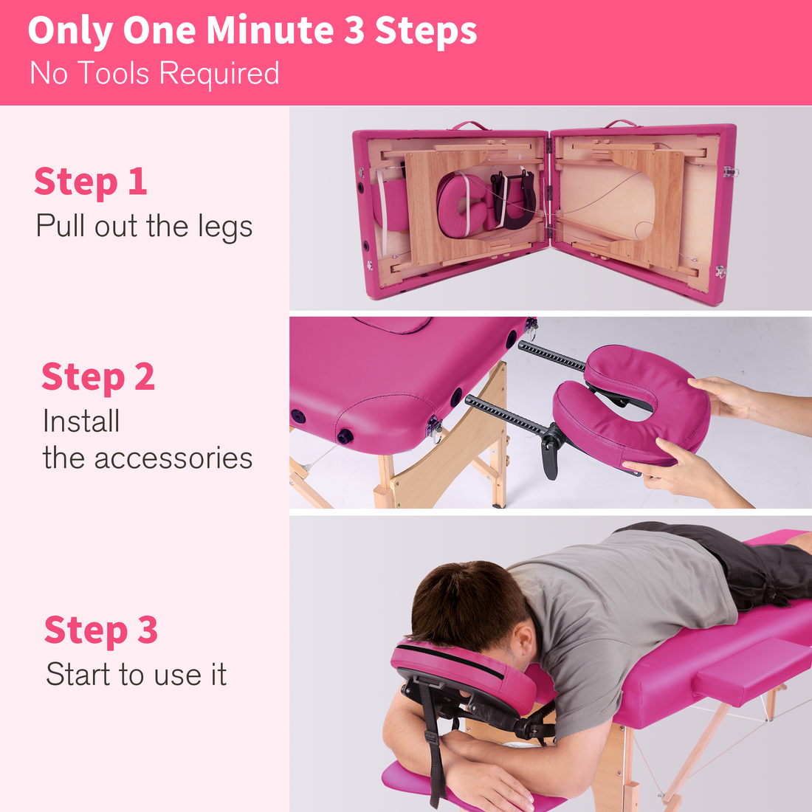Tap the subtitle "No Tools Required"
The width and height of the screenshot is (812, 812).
click(x=154, y=74)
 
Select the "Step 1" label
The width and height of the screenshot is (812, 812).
click(x=90, y=182)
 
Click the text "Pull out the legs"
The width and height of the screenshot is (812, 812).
click(x=144, y=227)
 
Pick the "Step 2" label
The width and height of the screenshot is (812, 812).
click(x=98, y=377)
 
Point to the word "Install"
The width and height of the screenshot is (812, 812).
click(x=81, y=422)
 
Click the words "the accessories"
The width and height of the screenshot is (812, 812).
click(x=148, y=458)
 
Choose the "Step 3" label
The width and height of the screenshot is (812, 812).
click(x=101, y=630)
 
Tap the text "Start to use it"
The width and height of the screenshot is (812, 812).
click(x=136, y=675)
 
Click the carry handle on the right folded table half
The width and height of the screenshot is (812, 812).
click(x=622, y=123)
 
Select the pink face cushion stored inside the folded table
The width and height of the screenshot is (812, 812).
click(x=461, y=205)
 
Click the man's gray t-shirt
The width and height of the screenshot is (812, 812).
click(x=620, y=613)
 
